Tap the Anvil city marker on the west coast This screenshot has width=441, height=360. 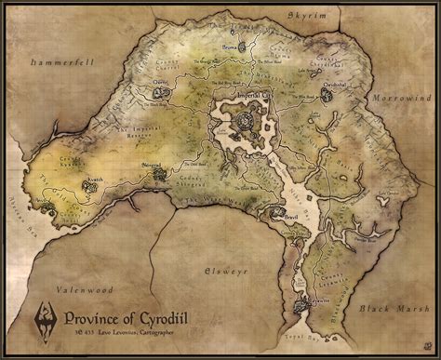coord(43,203)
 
